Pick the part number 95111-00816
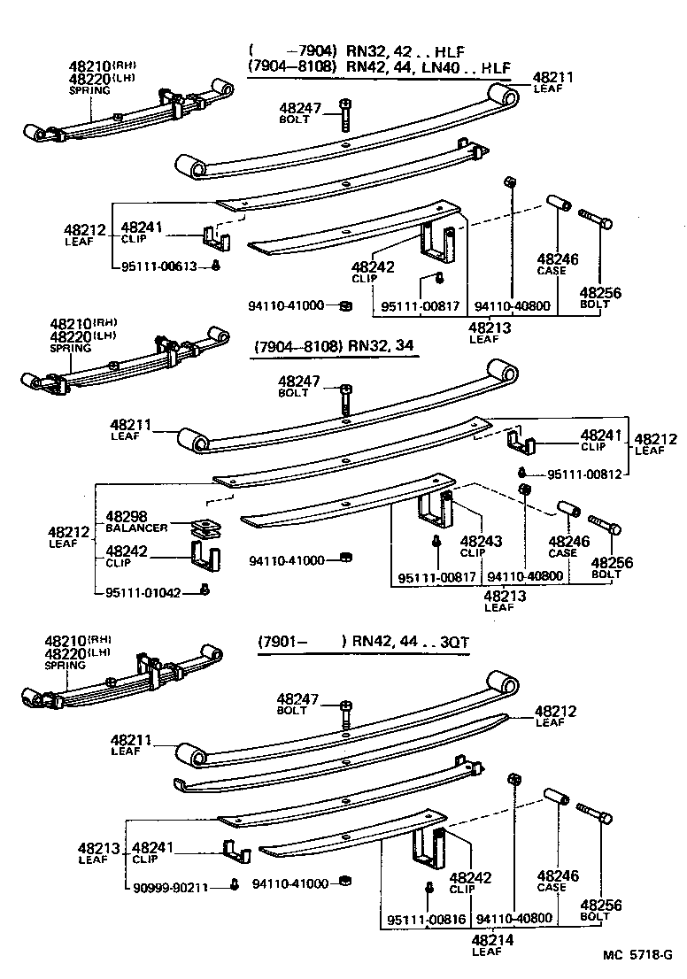click(427, 920)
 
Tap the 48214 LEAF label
click(487, 944)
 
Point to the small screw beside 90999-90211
click(233, 883)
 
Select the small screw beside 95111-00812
click(524, 473)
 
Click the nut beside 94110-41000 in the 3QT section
click(347, 883)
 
